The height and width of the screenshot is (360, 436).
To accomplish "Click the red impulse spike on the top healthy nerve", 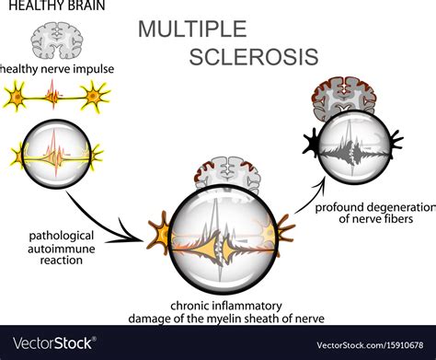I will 55,93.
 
